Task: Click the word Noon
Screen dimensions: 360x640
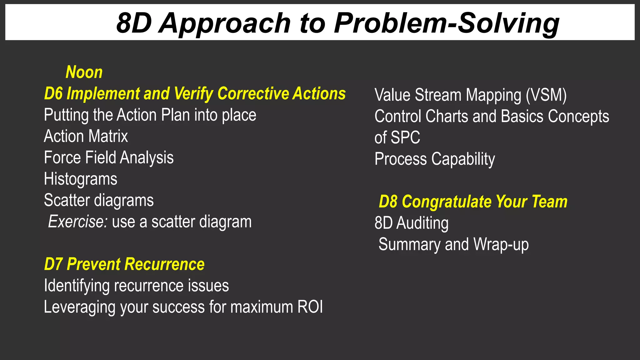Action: coord(84,72)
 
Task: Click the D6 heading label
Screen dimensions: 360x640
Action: coord(194,94)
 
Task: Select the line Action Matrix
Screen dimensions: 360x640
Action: coord(86,136)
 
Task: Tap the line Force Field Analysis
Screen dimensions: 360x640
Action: coord(108,157)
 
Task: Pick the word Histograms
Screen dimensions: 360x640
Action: coord(80,179)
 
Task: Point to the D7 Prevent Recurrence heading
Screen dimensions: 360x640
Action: coord(124,264)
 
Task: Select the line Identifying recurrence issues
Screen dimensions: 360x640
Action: coord(136,286)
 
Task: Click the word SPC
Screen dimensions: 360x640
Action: coord(405,138)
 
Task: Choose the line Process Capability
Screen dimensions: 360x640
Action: coord(434,159)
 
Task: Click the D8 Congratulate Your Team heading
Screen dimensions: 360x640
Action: coord(473,202)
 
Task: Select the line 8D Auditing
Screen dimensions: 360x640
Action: coord(411,223)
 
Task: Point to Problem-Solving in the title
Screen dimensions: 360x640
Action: coord(447,23)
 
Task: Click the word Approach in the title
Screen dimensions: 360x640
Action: coord(225,23)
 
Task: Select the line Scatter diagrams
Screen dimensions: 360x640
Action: coord(99,200)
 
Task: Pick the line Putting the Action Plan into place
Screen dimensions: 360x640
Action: coord(150,115)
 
